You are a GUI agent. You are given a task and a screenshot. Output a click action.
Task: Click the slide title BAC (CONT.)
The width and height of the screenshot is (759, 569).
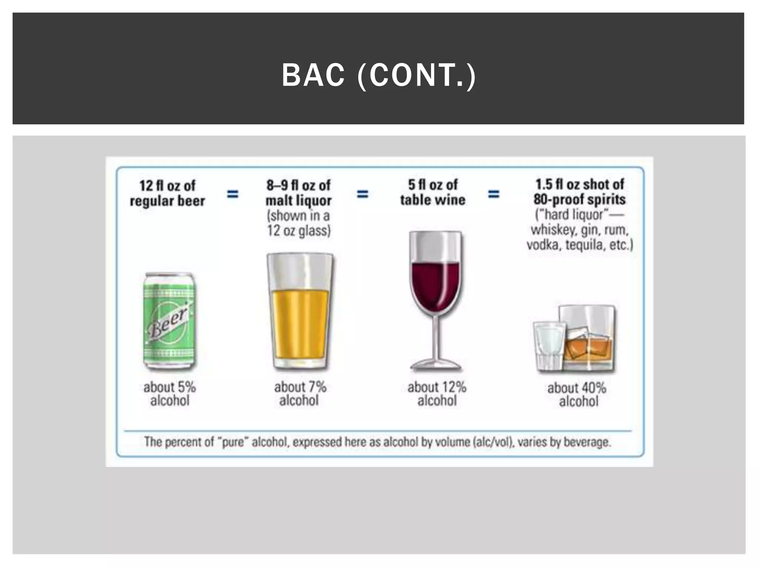[379, 75]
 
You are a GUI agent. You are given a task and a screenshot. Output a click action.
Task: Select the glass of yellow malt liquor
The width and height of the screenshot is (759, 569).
[299, 311]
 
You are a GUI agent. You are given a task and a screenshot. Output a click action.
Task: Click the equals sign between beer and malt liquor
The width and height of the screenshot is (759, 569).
[233, 194]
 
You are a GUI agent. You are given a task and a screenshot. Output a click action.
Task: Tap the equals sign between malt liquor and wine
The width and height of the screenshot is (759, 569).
[362, 194]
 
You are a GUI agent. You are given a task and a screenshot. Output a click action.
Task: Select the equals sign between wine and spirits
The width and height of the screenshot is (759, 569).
[493, 194]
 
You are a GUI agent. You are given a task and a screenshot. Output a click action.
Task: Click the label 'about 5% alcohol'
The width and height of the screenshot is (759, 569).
[170, 394]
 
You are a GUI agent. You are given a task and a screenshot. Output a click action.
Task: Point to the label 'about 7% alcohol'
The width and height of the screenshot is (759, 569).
[300, 394]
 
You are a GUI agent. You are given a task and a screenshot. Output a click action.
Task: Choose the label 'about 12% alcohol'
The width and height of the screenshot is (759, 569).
[437, 394]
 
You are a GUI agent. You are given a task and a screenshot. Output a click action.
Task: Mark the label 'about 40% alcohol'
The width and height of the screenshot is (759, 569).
[577, 395]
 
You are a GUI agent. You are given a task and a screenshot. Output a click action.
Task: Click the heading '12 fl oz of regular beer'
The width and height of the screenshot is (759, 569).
[167, 193]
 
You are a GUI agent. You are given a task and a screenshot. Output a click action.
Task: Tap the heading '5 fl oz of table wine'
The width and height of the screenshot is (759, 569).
[432, 192]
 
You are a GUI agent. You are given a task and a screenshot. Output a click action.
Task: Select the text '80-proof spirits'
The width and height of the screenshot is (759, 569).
[579, 199]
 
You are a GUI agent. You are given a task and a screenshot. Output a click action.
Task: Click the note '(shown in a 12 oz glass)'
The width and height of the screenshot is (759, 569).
[299, 223]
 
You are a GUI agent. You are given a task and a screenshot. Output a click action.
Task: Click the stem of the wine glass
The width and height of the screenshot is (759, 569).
[436, 341]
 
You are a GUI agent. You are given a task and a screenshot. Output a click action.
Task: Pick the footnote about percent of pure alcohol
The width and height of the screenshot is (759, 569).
[377, 442]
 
